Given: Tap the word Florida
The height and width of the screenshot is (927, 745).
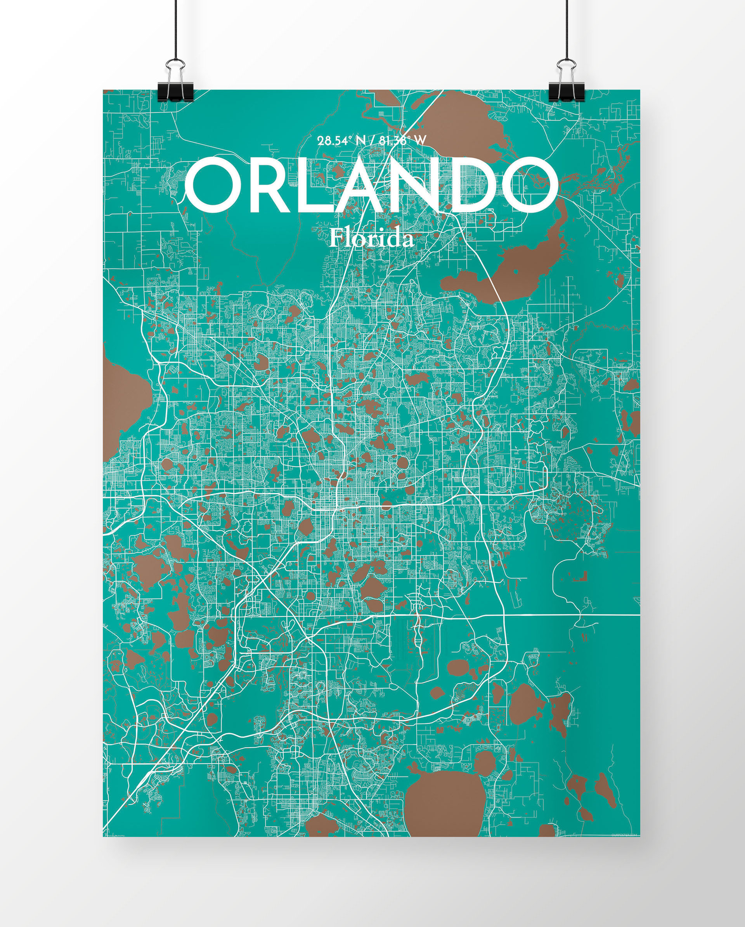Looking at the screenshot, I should (x=371, y=239).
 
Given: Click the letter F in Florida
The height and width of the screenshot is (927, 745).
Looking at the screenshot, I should (x=336, y=238).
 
